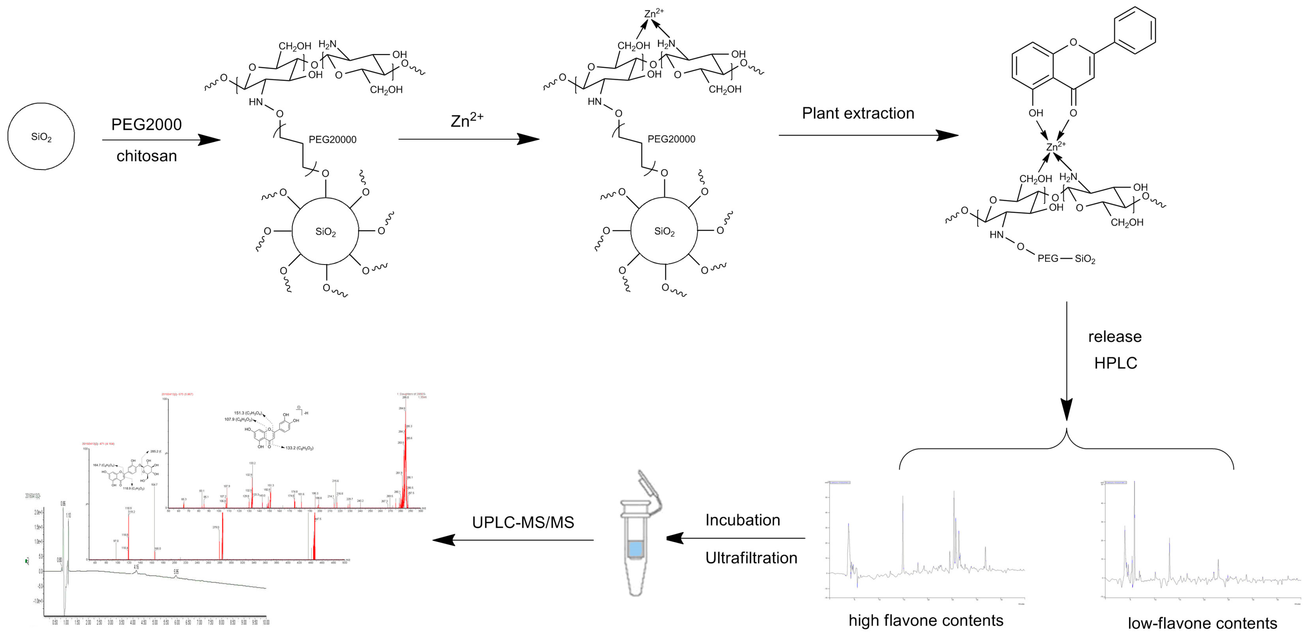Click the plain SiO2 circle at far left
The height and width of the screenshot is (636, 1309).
pyautogui.click(x=41, y=136)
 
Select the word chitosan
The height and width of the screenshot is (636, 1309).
pyautogui.click(x=146, y=156)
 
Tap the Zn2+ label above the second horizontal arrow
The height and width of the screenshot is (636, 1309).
pyautogui.click(x=466, y=120)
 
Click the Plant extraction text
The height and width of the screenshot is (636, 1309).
pyautogui.click(x=858, y=113)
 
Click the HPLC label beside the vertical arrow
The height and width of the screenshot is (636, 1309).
pyautogui.click(x=1115, y=363)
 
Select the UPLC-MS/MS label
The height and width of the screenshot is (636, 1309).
pyautogui.click(x=523, y=523)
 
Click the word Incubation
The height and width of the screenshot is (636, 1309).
pyautogui.click(x=742, y=520)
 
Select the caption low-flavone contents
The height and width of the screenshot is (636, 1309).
pyautogui.click(x=1202, y=623)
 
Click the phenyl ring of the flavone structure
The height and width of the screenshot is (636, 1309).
pyautogui.click(x=1134, y=30)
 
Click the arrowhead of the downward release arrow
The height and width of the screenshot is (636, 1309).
pyautogui.click(x=1066, y=410)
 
